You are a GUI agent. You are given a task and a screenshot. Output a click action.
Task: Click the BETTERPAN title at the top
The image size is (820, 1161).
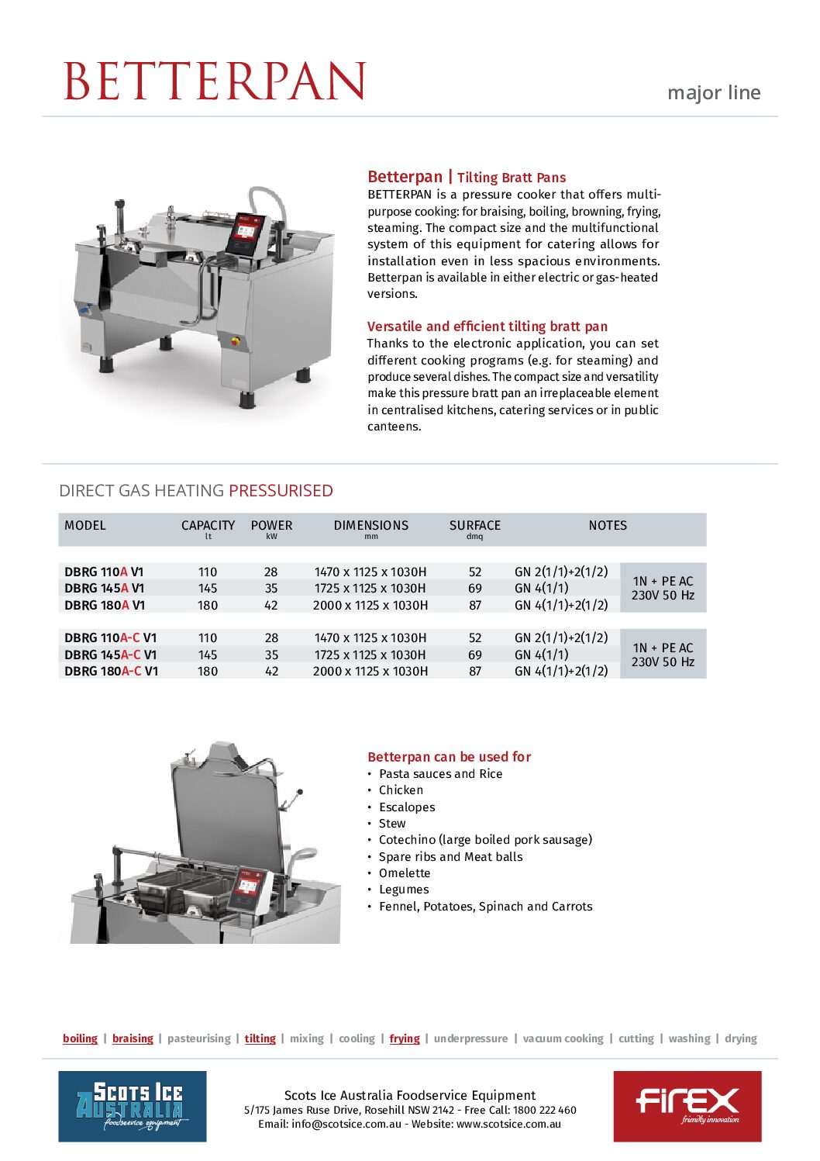click(x=214, y=81)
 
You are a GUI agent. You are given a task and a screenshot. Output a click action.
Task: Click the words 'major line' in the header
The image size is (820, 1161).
click(x=713, y=93)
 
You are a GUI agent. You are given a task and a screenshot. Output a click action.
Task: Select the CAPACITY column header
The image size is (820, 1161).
click(x=208, y=526)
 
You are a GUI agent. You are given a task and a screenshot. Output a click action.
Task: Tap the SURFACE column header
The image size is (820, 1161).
click(x=474, y=526)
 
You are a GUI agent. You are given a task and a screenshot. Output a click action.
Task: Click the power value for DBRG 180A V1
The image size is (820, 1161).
click(x=271, y=605)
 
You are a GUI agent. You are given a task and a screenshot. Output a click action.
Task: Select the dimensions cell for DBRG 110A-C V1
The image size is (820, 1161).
click(x=370, y=638)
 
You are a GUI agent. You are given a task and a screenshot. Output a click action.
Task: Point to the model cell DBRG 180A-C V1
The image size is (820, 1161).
click(x=111, y=671)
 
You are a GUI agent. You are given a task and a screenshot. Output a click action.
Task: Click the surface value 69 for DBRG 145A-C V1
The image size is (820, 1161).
click(x=474, y=655)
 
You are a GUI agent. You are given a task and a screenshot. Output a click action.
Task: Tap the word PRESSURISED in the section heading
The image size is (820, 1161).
click(x=281, y=491)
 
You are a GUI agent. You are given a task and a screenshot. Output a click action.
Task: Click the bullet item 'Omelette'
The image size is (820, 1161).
click(x=404, y=873)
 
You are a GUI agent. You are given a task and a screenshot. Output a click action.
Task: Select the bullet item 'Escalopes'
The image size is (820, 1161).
click(x=406, y=807)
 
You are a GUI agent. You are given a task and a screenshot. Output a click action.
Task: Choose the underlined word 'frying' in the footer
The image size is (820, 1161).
click(x=404, y=1038)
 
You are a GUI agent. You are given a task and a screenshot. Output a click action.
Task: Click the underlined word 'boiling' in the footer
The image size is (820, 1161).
click(x=80, y=1038)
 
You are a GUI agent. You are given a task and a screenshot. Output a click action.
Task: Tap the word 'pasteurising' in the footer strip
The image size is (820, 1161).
click(x=198, y=1038)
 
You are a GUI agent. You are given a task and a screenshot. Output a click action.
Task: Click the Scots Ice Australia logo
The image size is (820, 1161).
click(x=133, y=1106)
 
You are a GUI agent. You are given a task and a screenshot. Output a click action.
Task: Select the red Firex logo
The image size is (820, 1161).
click(x=687, y=1106)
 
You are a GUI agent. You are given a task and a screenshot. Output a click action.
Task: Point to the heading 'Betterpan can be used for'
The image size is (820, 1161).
click(x=449, y=757)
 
